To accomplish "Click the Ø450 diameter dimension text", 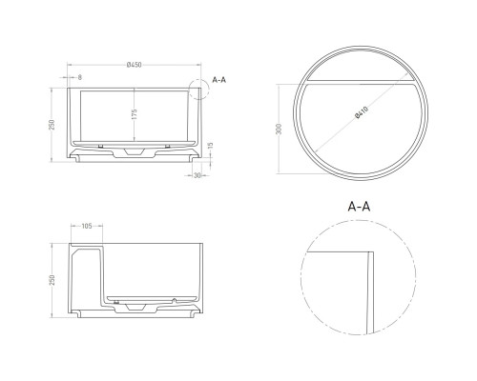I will click(x=135, y=66).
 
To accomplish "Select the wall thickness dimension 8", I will click(x=78, y=76).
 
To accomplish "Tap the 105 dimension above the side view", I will click(x=86, y=229).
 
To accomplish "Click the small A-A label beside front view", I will click(x=218, y=81).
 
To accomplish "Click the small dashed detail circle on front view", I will click(x=201, y=90).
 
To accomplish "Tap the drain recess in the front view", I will click(x=135, y=152).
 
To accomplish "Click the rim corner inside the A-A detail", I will click(x=366, y=253).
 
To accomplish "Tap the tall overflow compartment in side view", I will click(x=84, y=276).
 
